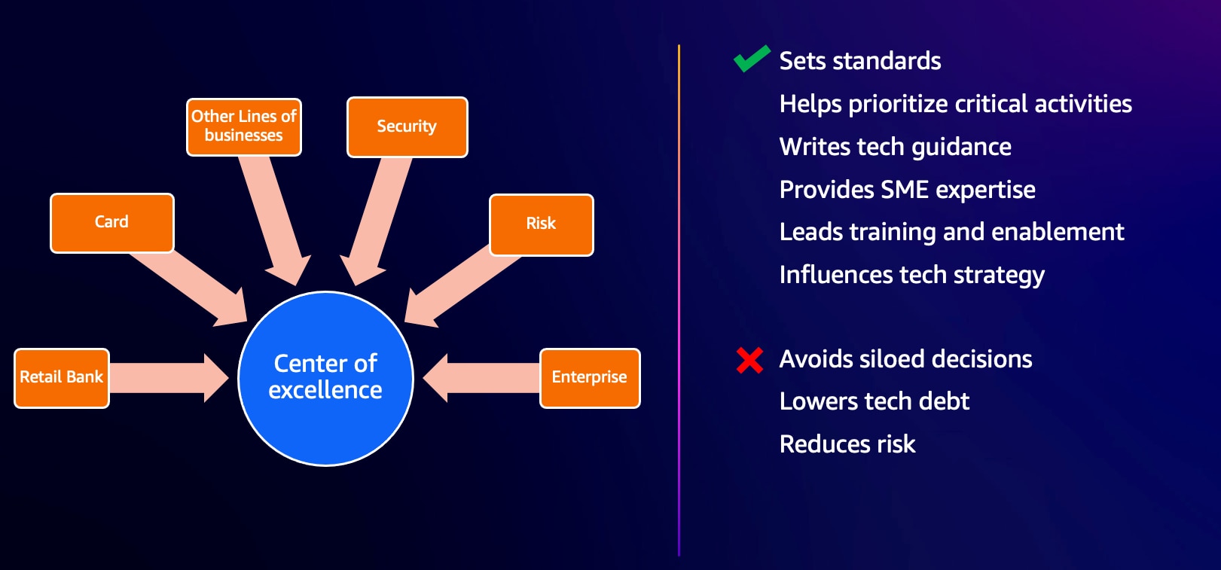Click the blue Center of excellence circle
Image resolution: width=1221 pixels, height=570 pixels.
(x=326, y=379)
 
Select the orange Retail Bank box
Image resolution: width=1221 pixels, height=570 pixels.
(x=62, y=378)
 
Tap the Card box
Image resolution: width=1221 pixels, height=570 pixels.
(x=112, y=223)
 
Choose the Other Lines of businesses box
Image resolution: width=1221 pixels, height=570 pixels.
(x=243, y=127)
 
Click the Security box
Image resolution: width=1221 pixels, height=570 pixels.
(x=408, y=127)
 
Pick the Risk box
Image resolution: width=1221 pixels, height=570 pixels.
(x=542, y=224)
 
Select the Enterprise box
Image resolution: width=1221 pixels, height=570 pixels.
(x=590, y=378)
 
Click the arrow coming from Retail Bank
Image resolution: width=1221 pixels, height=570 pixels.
(x=169, y=378)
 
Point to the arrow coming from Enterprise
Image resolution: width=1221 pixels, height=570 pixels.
(x=481, y=378)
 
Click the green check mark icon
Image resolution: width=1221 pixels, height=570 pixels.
(x=752, y=58)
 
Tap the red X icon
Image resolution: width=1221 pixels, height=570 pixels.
(x=749, y=360)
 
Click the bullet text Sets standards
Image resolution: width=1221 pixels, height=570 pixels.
(x=860, y=60)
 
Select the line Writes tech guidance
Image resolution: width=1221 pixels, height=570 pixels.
(x=896, y=147)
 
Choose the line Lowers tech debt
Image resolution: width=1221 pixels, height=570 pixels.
(x=875, y=401)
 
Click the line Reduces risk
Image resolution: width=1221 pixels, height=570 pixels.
(x=847, y=444)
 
